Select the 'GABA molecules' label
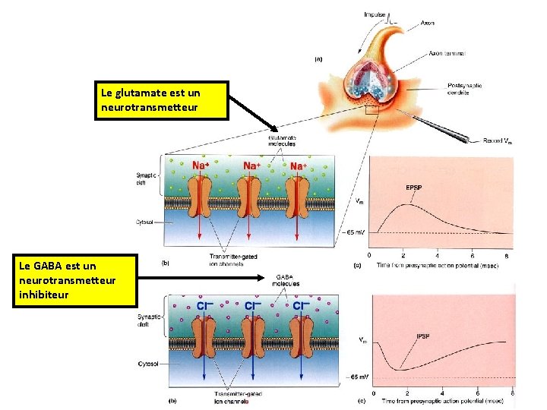(286, 280)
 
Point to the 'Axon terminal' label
(446, 54)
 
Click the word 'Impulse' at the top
(375, 14)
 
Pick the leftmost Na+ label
(201, 165)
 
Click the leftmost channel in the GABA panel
(202, 339)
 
